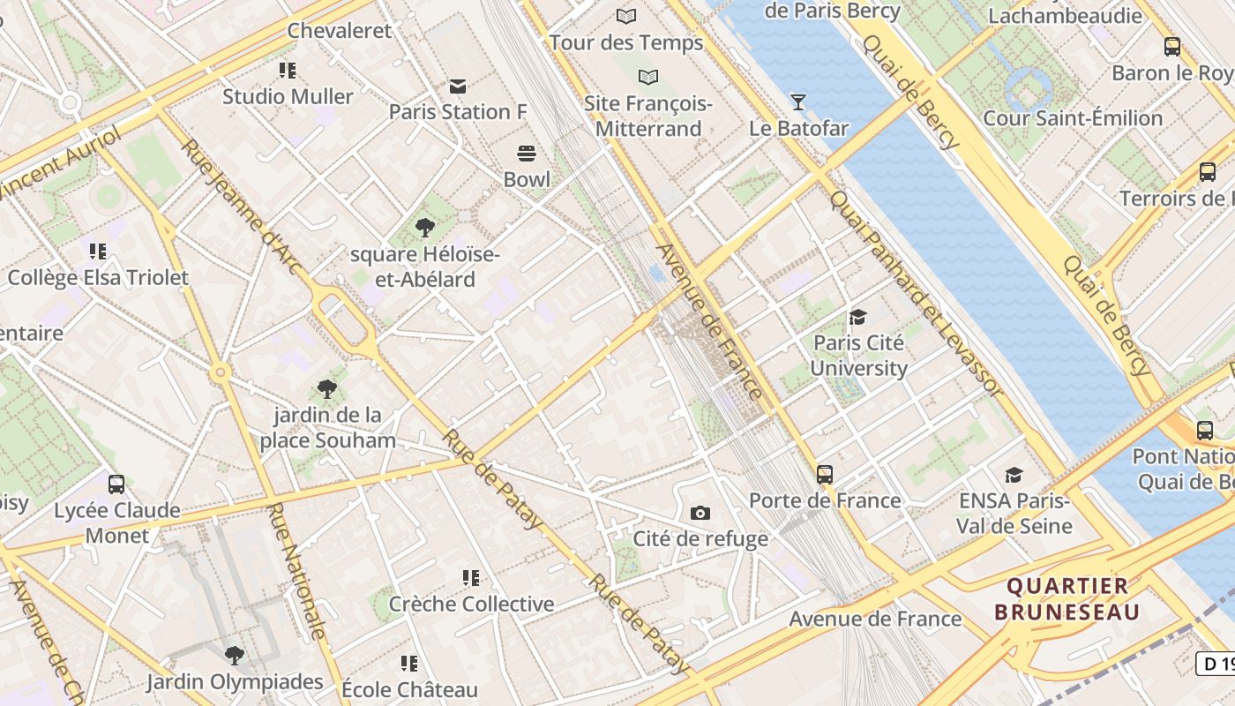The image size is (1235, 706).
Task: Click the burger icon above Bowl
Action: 527,154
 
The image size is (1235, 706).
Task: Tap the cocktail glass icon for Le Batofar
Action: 798,102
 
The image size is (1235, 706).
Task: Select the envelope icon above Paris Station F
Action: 457,86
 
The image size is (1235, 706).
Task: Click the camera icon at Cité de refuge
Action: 700,513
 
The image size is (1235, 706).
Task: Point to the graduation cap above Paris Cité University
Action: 857,317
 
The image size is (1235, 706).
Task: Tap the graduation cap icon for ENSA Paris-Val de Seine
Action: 1014,475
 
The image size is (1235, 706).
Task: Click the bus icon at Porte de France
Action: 825,474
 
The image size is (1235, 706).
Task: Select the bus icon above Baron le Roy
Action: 1172,47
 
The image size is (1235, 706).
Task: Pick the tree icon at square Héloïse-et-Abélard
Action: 425,228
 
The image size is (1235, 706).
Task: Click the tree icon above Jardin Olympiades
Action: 235,655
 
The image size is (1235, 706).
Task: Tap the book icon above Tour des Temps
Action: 626,16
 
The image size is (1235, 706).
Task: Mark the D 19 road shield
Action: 1216,663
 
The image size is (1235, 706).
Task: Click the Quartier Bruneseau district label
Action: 1067,598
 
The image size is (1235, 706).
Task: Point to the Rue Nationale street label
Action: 297,571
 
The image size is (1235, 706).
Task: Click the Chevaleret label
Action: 340,31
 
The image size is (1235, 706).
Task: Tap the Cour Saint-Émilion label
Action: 1073,118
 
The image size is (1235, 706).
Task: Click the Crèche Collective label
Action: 472,605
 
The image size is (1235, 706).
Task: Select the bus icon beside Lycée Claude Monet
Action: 116,484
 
